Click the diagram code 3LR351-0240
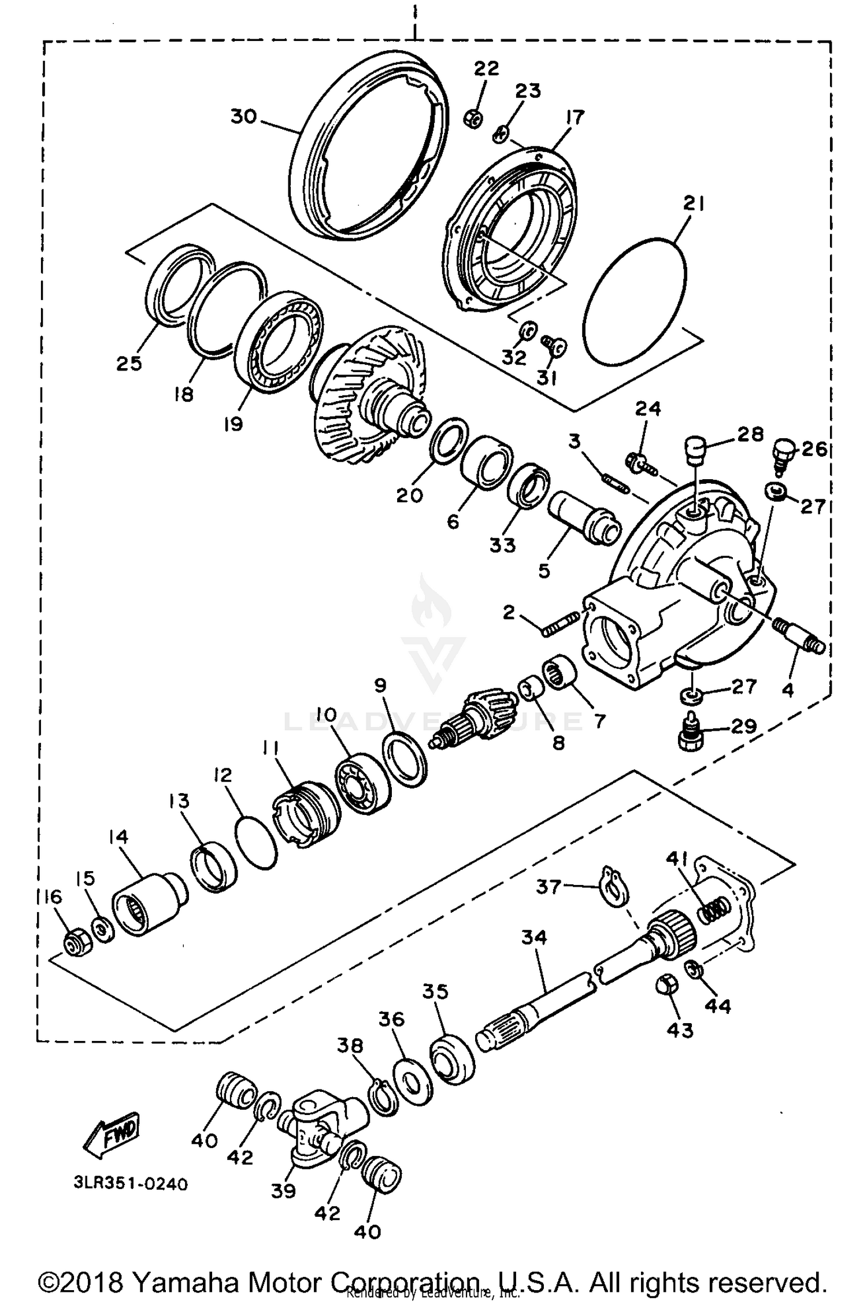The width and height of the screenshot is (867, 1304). click(130, 1184)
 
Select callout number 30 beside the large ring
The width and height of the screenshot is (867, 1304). click(243, 117)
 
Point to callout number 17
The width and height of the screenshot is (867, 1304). click(575, 117)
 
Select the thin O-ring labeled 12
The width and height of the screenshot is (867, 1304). click(256, 840)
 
